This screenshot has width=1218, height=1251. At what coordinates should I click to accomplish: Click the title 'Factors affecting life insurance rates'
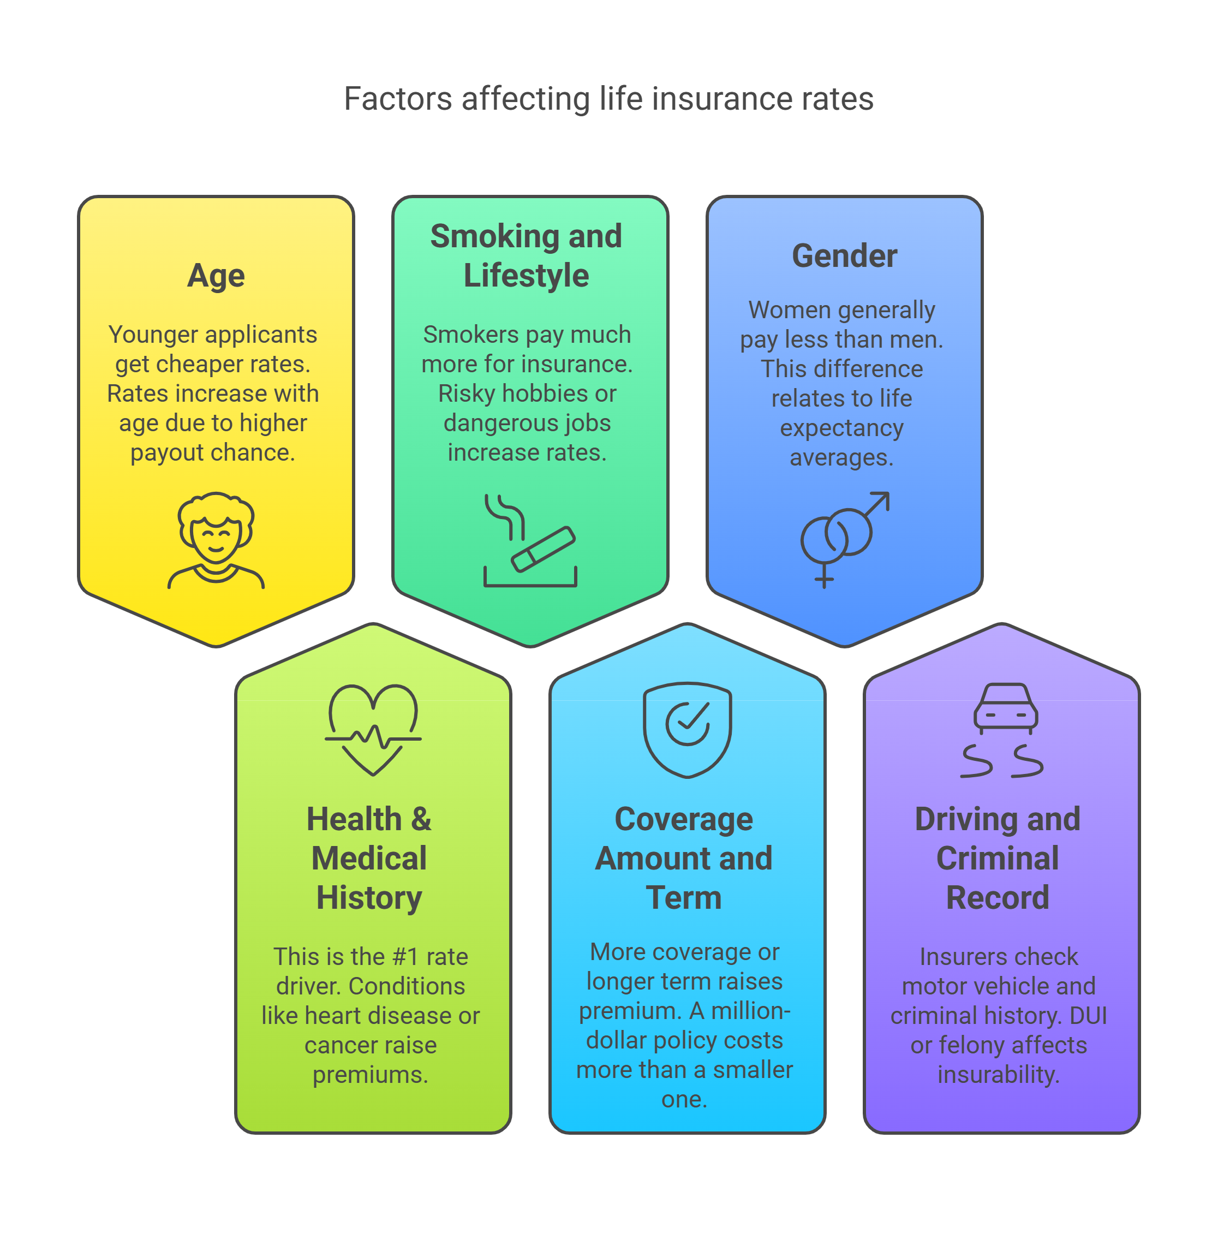(608, 99)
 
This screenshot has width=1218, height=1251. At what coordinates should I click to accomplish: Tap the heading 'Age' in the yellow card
(216, 276)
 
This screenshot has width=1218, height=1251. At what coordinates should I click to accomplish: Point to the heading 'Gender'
(844, 256)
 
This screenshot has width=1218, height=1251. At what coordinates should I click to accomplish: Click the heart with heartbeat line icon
(373, 730)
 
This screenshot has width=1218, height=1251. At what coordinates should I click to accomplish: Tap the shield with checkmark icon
(687, 730)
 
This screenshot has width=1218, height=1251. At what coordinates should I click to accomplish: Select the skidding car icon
(1002, 730)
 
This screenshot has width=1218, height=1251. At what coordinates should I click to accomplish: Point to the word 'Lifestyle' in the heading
(526, 276)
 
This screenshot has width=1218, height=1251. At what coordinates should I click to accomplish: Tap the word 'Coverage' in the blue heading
(683, 820)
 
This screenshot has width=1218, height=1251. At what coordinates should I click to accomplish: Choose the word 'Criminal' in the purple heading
(998, 859)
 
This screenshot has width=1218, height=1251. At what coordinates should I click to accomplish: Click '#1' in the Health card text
(405, 957)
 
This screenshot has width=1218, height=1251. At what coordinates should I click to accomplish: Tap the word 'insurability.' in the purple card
(998, 1074)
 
